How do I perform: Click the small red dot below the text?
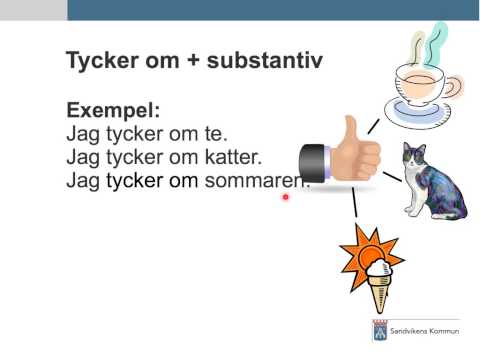tap(285, 198)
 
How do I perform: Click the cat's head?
tap(413, 159)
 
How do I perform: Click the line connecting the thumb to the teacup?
tap(373, 125)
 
